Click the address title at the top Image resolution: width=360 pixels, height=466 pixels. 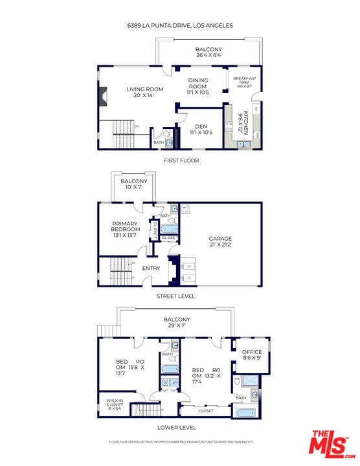coord(180,26)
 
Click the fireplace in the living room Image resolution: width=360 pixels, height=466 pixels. coord(101,97)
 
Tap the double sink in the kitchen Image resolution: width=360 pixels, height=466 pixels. coord(244,144)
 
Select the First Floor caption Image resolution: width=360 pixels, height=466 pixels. coord(181,161)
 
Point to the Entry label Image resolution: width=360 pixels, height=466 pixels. coord(151,268)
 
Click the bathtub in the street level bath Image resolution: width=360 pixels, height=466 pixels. coord(170,228)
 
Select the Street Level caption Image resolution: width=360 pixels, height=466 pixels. coord(176,296)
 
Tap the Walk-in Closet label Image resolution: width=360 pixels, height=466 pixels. coord(115,405)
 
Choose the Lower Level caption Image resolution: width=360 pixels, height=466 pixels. coord(177,427)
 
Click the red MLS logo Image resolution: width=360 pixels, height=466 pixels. coord(330,445)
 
